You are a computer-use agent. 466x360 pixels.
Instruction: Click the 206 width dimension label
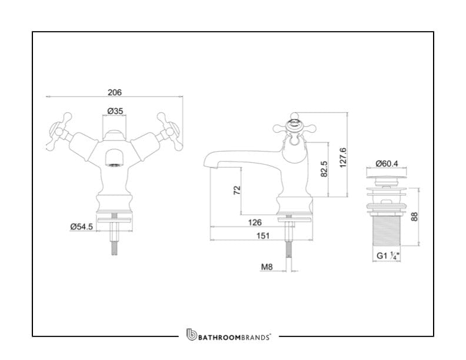pyautogui.click(x=114, y=92)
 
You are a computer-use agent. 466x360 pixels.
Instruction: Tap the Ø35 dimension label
pyautogui.click(x=115, y=111)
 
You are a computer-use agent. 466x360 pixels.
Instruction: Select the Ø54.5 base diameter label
pyautogui.click(x=82, y=226)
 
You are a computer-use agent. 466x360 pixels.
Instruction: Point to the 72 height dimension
pyautogui.click(x=237, y=190)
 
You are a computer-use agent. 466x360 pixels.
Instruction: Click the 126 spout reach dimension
pyautogui.click(x=255, y=222)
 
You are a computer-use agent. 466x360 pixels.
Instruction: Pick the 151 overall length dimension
pyautogui.click(x=263, y=235)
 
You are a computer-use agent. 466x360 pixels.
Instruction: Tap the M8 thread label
pyautogui.click(x=267, y=266)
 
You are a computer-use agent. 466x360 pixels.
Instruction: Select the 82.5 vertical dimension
pyautogui.click(x=324, y=169)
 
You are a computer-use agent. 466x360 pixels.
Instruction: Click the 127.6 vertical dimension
pyautogui.click(x=342, y=158)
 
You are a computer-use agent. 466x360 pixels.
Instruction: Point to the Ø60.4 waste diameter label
pyautogui.click(x=387, y=164)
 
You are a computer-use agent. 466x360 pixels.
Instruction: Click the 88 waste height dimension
pyautogui.click(x=414, y=216)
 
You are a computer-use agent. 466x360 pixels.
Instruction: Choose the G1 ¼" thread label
pyautogui.click(x=388, y=255)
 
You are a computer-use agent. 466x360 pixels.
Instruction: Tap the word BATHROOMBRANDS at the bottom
pyautogui.click(x=234, y=337)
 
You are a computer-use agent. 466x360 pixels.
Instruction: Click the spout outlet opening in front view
pyautogui.click(x=115, y=166)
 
